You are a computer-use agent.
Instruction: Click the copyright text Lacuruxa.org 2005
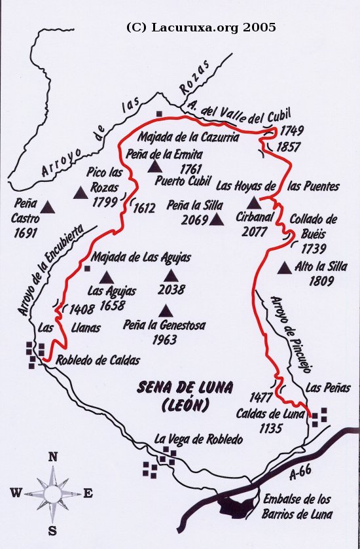(201, 27)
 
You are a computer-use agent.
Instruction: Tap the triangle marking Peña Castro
(47, 207)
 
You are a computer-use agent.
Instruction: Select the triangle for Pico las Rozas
(81, 192)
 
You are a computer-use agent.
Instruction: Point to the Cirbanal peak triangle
(254, 204)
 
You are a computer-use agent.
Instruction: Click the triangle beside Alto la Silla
(284, 268)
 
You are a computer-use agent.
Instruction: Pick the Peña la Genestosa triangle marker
(166, 311)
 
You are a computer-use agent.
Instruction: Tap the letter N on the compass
(53, 457)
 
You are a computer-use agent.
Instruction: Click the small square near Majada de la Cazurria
(158, 114)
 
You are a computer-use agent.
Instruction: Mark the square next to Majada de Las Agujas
(87, 268)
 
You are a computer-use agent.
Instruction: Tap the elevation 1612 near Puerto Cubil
(144, 209)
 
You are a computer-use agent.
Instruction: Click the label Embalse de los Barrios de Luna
(298, 508)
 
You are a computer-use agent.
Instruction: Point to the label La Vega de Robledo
(198, 438)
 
